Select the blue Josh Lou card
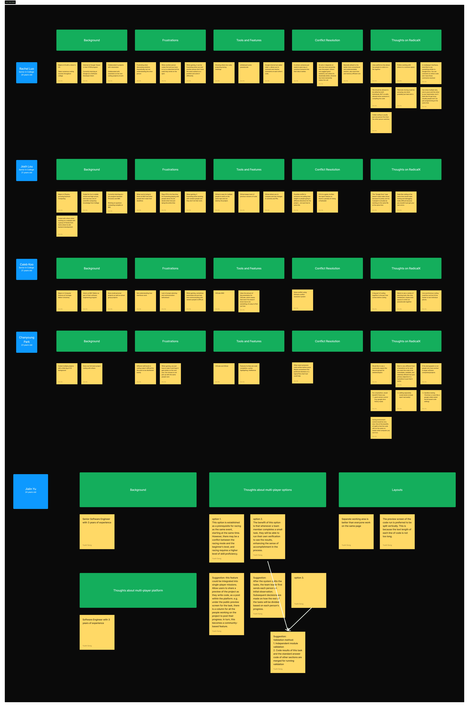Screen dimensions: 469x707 tap(27, 170)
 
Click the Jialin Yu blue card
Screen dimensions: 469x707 tap(31, 491)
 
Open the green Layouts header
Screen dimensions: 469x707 tap(397, 490)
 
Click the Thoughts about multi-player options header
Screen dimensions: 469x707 tap(267, 490)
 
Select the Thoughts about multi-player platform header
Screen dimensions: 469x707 tap(138, 590)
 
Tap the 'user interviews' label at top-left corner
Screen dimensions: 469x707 tap(10, 2)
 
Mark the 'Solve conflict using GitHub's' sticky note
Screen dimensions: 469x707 tap(302, 300)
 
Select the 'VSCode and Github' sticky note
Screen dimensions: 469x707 tap(224, 374)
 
